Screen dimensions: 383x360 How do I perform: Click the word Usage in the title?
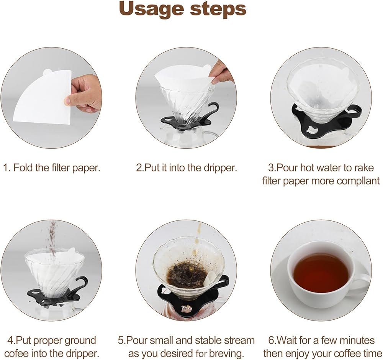tap(151, 9)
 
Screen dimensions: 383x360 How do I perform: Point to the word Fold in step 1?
tap(23, 168)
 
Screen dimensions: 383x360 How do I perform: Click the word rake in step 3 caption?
tap(363, 168)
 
